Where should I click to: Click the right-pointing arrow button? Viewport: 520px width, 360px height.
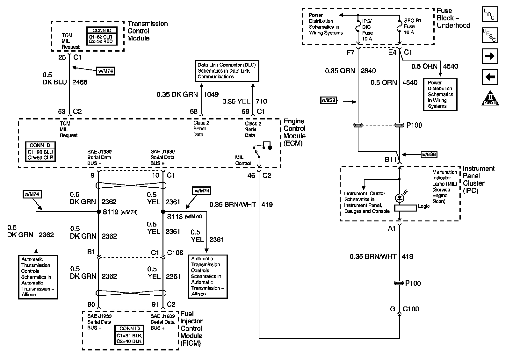point(489,56)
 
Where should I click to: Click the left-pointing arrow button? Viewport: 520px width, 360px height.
point(489,77)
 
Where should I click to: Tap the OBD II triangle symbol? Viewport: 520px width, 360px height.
point(490,98)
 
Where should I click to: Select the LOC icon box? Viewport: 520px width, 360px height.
point(489,14)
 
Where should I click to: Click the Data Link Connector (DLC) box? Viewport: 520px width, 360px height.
point(227,71)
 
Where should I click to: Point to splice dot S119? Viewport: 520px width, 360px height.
point(99,212)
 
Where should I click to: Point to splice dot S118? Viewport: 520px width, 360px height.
point(163,212)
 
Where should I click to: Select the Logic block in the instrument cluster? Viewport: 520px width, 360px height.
point(405,208)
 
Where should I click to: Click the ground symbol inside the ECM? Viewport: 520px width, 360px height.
point(270,148)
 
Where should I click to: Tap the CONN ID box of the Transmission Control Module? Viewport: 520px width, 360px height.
point(102,36)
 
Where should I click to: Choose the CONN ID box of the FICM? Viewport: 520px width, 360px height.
point(129,335)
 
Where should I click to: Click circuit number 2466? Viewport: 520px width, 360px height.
point(80,82)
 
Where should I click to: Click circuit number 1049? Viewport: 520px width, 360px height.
point(211,94)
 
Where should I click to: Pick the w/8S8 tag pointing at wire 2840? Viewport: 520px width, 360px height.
point(328,100)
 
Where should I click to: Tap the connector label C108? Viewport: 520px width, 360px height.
point(175,253)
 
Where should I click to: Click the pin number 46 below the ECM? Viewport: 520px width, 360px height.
point(251,176)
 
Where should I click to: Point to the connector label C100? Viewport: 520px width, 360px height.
point(411,309)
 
